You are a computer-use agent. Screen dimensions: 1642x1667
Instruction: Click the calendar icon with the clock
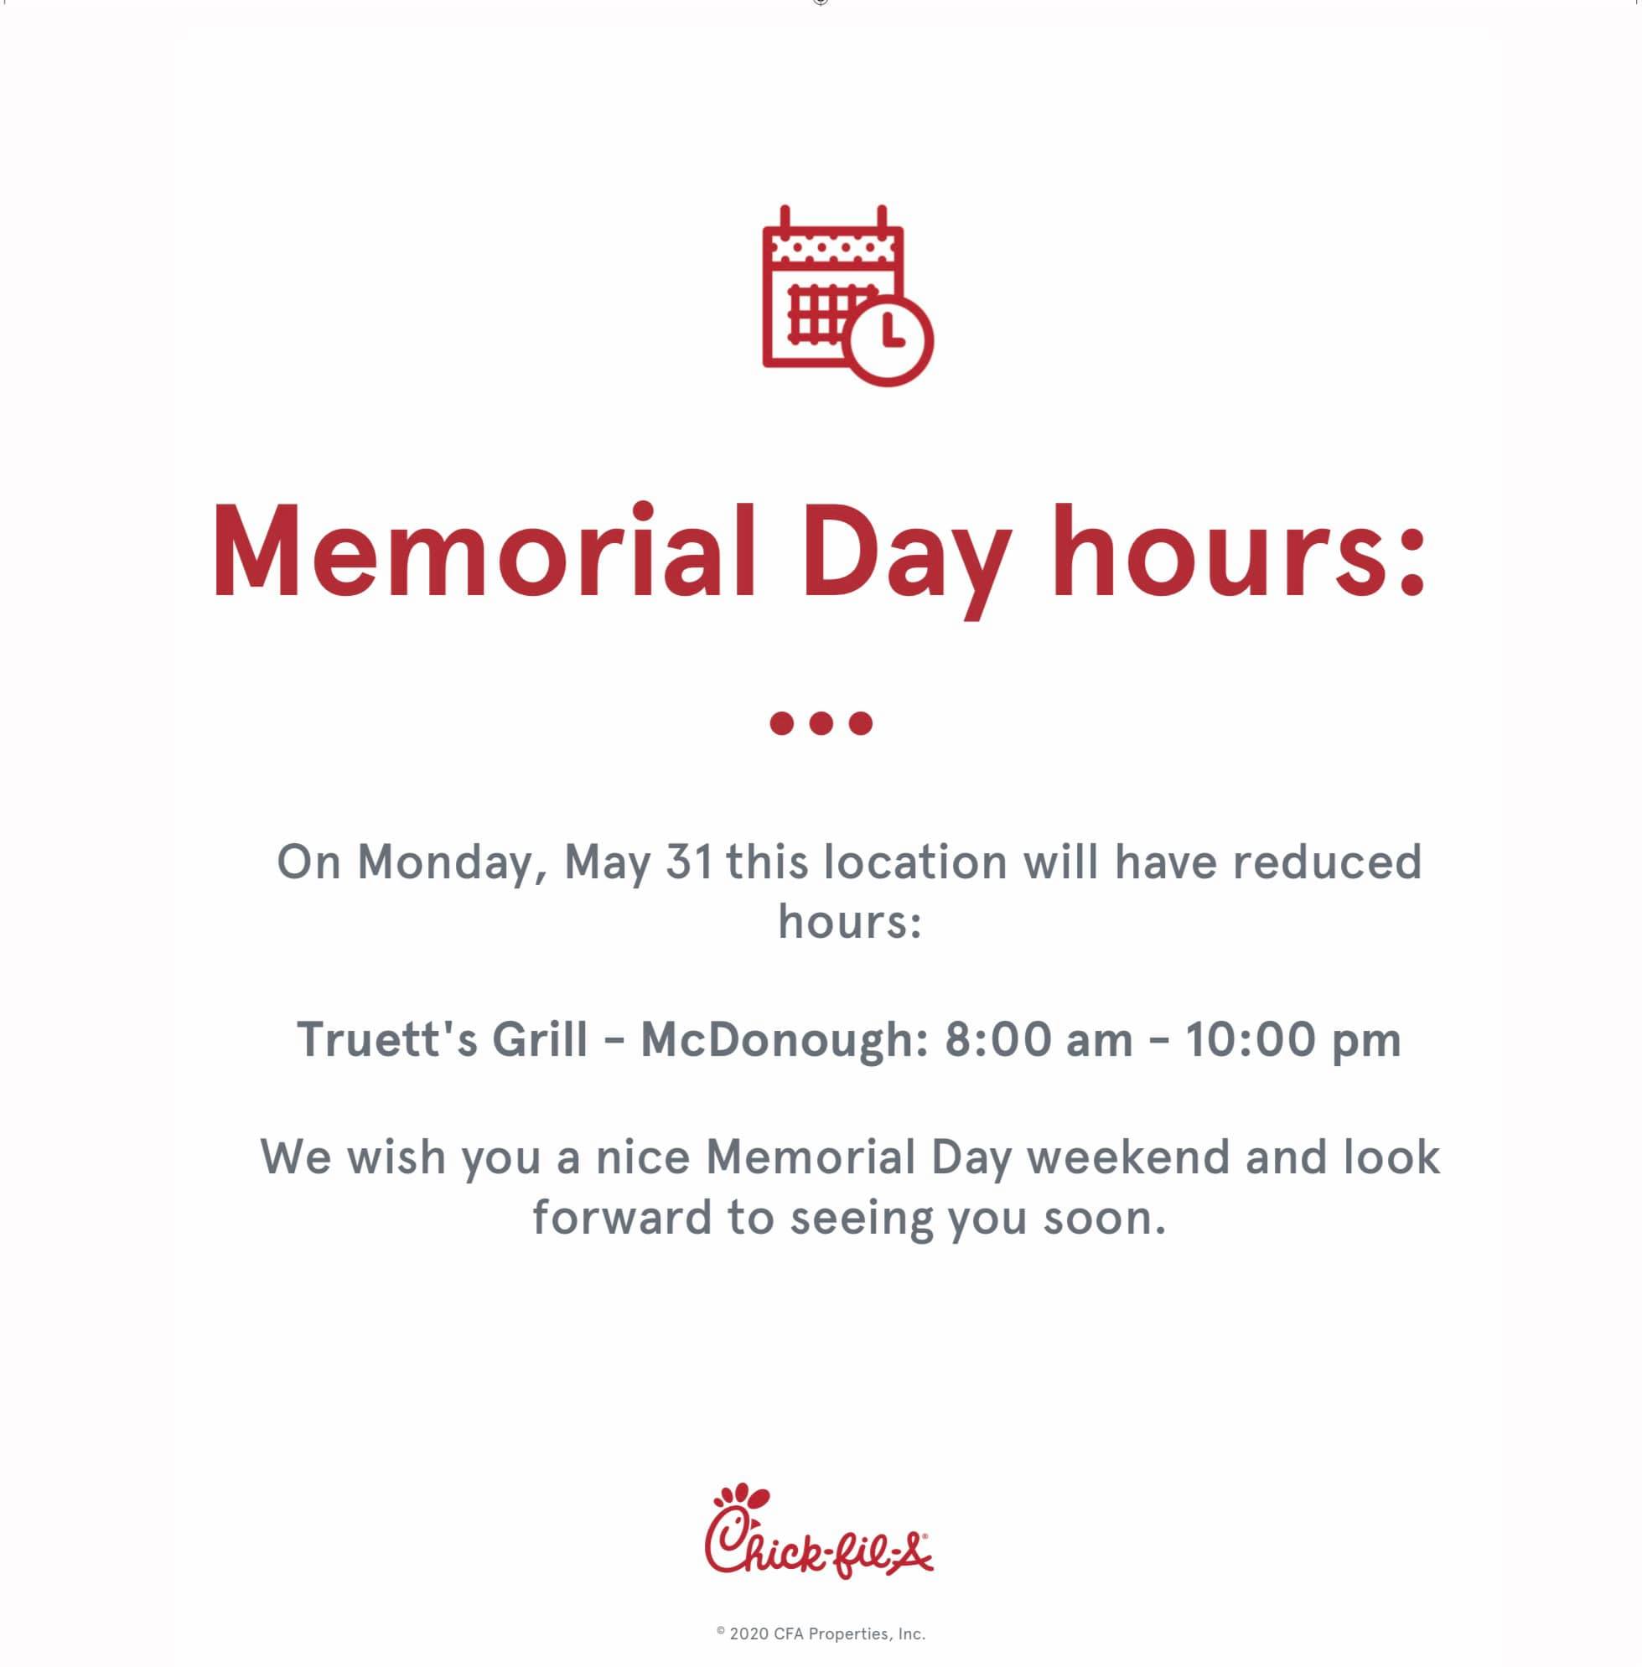tap(847, 296)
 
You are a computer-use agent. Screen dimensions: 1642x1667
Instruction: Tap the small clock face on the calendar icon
tap(888, 340)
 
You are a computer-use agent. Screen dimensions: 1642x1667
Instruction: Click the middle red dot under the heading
tap(821, 722)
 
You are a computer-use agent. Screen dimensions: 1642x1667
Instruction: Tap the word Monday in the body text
tap(452, 863)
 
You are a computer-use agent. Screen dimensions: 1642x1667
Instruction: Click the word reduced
tap(1327, 862)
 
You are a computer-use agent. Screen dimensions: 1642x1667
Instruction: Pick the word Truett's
tap(387, 1038)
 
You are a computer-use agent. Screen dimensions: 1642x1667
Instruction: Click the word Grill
tap(540, 1038)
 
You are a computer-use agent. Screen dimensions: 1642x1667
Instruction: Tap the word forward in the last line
tap(622, 1217)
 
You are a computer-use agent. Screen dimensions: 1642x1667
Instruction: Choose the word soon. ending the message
tap(1105, 1219)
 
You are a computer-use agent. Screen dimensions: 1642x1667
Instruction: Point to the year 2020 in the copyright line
tap(748, 1633)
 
